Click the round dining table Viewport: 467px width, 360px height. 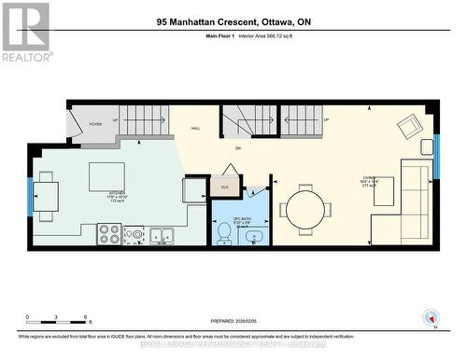pyautogui.click(x=304, y=209)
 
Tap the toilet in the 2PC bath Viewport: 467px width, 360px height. pyautogui.click(x=223, y=234)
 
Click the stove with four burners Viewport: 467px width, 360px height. pyautogui.click(x=108, y=235)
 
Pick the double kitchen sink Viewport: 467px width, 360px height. pyautogui.click(x=160, y=235)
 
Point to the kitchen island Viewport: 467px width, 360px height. pyautogui.click(x=107, y=176)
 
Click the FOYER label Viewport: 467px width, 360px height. pyautogui.click(x=95, y=123)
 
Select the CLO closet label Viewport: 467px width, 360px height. pyautogui.click(x=225, y=186)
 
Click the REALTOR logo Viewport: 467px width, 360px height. pyautogui.click(x=25, y=32)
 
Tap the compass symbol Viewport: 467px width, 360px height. pyautogui.click(x=430, y=317)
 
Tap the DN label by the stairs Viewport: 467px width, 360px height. pyautogui.click(x=237, y=147)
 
